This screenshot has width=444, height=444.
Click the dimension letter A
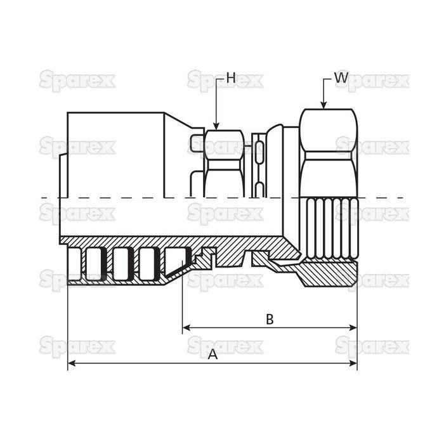[213, 355]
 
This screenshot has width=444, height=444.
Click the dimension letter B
[270, 319]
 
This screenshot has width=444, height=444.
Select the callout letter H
[231, 79]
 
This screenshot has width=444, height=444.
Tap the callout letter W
[341, 79]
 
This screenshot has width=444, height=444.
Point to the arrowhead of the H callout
[216, 127]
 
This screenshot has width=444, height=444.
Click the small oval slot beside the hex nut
[259, 152]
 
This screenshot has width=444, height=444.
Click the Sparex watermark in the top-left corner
[77, 81]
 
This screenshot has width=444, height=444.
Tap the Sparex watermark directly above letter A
[225, 346]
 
